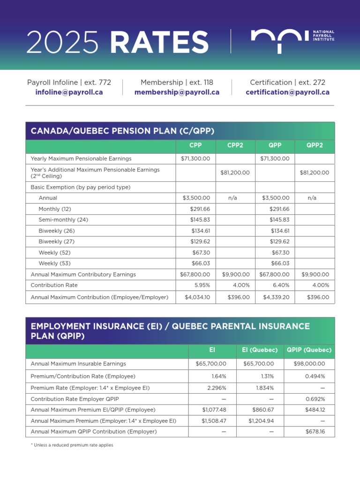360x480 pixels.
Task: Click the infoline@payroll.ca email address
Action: pos(69,92)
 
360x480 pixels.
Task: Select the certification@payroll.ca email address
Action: pos(287,92)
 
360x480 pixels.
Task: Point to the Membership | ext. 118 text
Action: pos(177,82)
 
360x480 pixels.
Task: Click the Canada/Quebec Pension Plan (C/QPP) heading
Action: pos(122,131)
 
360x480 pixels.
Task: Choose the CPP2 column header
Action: pos(235,145)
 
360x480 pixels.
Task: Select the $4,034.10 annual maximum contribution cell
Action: pos(197,297)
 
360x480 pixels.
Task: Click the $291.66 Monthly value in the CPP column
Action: pos(200,209)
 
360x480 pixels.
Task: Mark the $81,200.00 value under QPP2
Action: pos(315,173)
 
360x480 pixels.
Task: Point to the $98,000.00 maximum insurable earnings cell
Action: pos(309,364)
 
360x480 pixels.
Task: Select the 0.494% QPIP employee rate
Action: pos(315,376)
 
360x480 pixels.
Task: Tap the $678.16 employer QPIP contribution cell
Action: pos(315,431)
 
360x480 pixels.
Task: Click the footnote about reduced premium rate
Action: pos(72,445)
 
